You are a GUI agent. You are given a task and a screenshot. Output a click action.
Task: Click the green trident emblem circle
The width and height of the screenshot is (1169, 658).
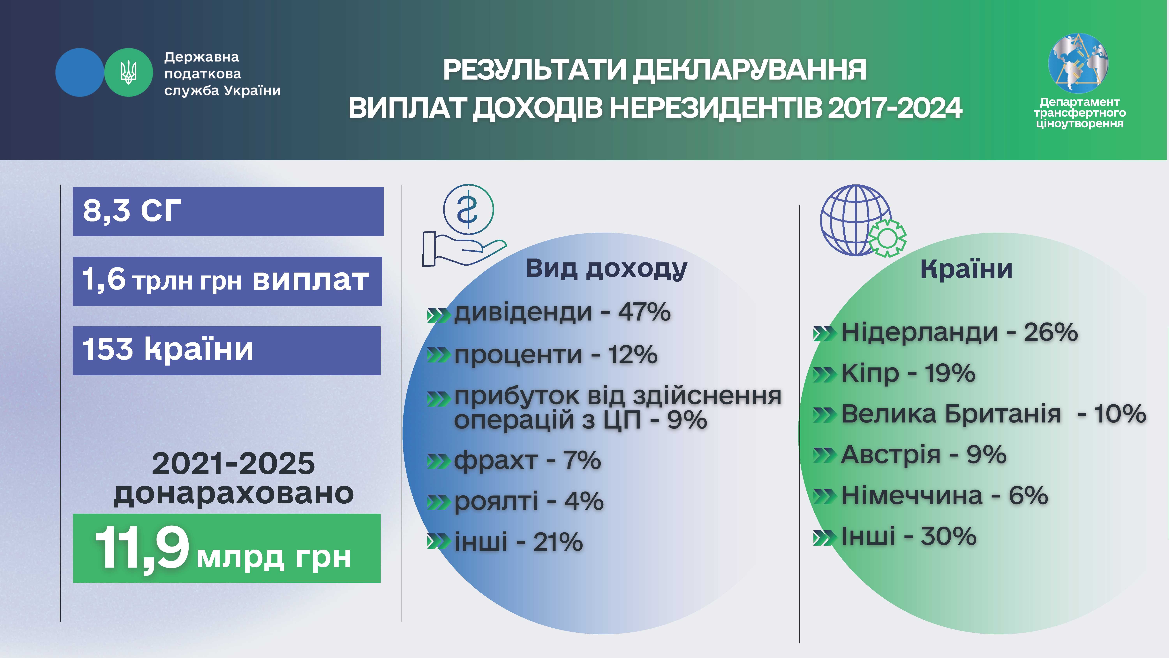coord(128,72)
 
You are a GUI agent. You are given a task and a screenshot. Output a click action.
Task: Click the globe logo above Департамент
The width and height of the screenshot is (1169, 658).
coord(1078,62)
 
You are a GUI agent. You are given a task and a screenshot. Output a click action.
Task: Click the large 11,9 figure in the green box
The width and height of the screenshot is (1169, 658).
coord(142,548)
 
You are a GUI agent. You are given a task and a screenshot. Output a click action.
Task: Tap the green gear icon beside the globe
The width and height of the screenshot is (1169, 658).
coord(887,238)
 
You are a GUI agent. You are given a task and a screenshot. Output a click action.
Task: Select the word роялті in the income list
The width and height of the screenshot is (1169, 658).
coord(496,501)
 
